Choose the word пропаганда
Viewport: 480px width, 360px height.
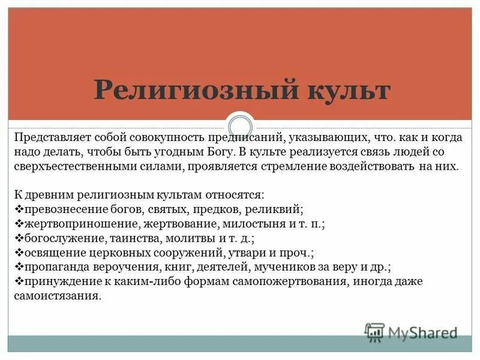pos(53,267)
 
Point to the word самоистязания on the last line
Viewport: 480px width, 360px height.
pos(53,296)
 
